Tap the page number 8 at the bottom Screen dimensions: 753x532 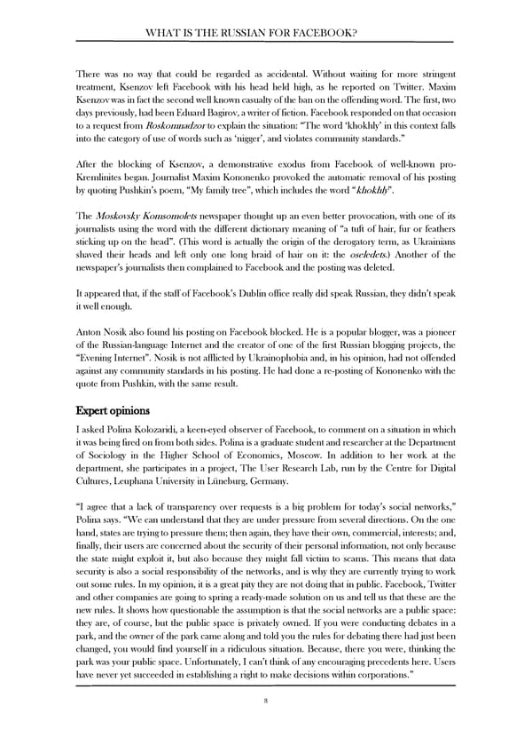coord(265,700)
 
